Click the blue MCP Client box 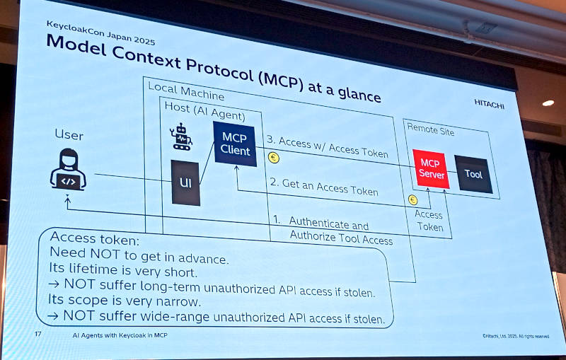click(235, 144)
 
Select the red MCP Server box click(431, 169)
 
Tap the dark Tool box click(473, 174)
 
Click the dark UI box click(185, 182)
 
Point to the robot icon click(180, 137)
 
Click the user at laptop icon click(68, 169)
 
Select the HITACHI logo click(489, 104)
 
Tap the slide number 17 click(38, 334)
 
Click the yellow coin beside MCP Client click(274, 158)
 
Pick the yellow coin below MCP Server click(413, 200)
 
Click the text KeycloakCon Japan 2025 click(100, 33)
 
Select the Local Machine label click(186, 91)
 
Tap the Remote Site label click(431, 129)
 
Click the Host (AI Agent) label click(204, 111)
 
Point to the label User click(69, 135)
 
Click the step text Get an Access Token click(324, 187)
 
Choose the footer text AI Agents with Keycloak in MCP click(120, 335)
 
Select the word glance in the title click(359, 94)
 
